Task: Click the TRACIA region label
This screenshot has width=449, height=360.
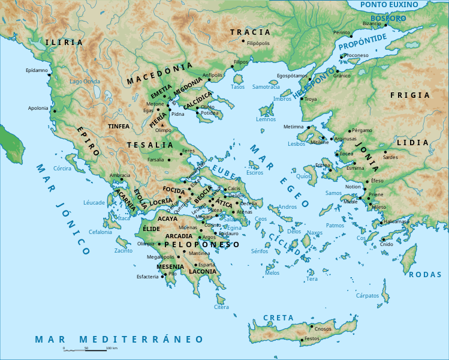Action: (x=250, y=32)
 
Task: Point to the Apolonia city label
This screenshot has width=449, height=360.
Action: (x=38, y=108)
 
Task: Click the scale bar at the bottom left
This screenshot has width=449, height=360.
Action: (x=86, y=349)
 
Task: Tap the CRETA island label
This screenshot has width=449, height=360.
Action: (x=278, y=317)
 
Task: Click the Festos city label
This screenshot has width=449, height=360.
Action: (x=312, y=339)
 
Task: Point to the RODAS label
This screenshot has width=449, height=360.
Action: (x=424, y=274)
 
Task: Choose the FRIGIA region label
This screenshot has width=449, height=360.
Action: (x=410, y=95)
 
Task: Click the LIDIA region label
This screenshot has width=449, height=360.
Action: (x=417, y=142)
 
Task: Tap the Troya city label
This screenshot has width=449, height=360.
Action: (x=311, y=99)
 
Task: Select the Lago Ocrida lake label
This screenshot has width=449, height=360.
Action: (x=85, y=81)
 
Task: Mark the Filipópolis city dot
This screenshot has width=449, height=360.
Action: (x=243, y=41)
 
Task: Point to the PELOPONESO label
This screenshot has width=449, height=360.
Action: (x=201, y=244)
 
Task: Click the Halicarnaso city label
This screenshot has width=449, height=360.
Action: (x=396, y=221)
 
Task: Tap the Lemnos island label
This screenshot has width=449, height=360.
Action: (x=266, y=119)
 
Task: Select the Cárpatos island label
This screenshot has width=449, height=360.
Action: (x=367, y=295)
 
